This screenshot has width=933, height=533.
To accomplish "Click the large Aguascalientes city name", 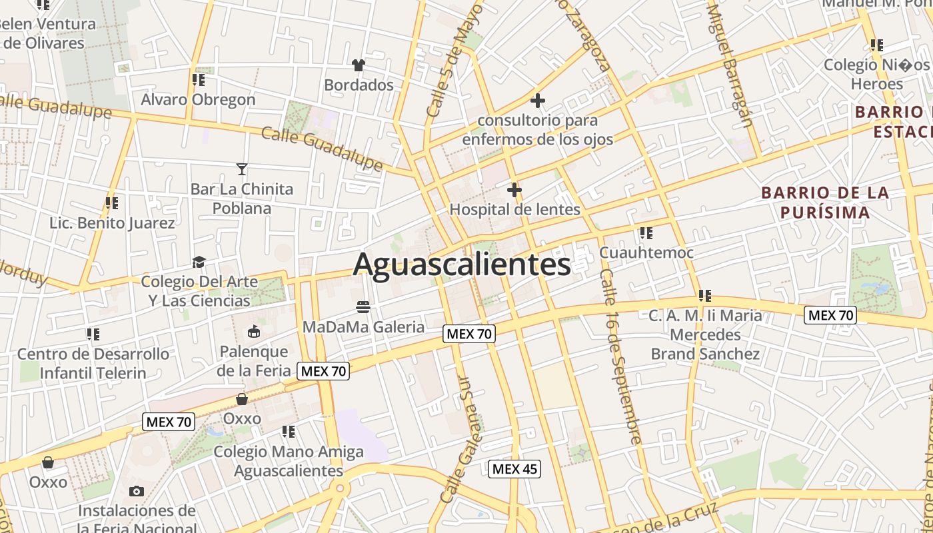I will tap(461, 265).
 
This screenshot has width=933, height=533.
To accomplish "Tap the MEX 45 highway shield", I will tap(514, 469).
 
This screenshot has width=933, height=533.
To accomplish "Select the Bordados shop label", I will tap(359, 85).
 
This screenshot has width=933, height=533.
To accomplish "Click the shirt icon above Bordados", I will tap(359, 65).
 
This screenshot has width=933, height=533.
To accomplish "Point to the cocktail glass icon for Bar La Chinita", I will tap(241, 169).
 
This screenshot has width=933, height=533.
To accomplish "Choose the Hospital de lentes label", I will tap(514, 209).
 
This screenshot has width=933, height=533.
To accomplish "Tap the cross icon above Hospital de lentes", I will tap(514, 190).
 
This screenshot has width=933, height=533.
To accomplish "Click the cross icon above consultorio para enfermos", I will tap(537, 101).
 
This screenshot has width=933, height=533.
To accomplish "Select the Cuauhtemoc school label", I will tap(646, 253).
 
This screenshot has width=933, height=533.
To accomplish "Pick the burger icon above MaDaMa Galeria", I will tap(363, 306).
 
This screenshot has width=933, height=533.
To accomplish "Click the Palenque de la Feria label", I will tap(253, 360).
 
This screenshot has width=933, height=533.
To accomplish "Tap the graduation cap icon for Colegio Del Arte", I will tap(199, 262).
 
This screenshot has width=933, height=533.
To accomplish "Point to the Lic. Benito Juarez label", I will tap(112, 223).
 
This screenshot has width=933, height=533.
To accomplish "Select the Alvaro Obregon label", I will tap(198, 99).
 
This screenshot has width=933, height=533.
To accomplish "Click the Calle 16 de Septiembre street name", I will tap(620, 356).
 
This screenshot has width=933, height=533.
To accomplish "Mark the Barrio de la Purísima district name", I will tap(825, 203).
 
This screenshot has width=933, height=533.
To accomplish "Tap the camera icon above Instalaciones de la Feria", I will tap(136, 492).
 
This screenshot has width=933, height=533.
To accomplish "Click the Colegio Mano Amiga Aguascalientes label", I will tap(288, 461).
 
